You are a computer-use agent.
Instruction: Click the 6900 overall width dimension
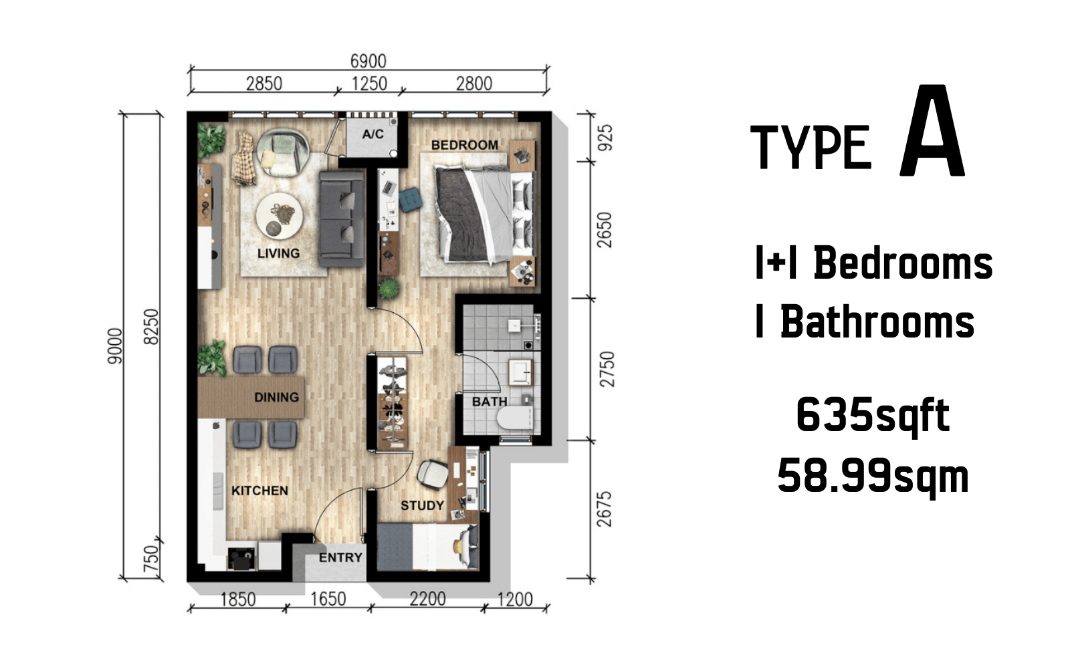[368, 61]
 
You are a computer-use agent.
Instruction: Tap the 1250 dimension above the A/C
[369, 84]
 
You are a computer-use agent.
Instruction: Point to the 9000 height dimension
[115, 346]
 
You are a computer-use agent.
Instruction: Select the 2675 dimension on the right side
[605, 509]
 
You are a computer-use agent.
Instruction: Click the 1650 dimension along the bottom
[328, 599]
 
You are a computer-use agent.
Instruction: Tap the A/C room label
[372, 134]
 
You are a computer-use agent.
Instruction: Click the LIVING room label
[278, 253]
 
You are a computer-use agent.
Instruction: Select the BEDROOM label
[464, 144]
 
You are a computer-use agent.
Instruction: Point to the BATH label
[489, 402]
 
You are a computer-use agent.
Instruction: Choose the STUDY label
[422, 505]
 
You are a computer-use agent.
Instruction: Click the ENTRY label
[340, 557]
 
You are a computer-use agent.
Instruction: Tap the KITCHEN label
[259, 491]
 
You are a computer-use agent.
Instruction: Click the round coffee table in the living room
[280, 216]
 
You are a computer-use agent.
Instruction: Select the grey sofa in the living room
[341, 219]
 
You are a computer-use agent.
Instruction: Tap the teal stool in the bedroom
[411, 200]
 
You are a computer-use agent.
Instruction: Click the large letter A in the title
[932, 130]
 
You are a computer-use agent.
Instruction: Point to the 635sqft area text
[873, 416]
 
